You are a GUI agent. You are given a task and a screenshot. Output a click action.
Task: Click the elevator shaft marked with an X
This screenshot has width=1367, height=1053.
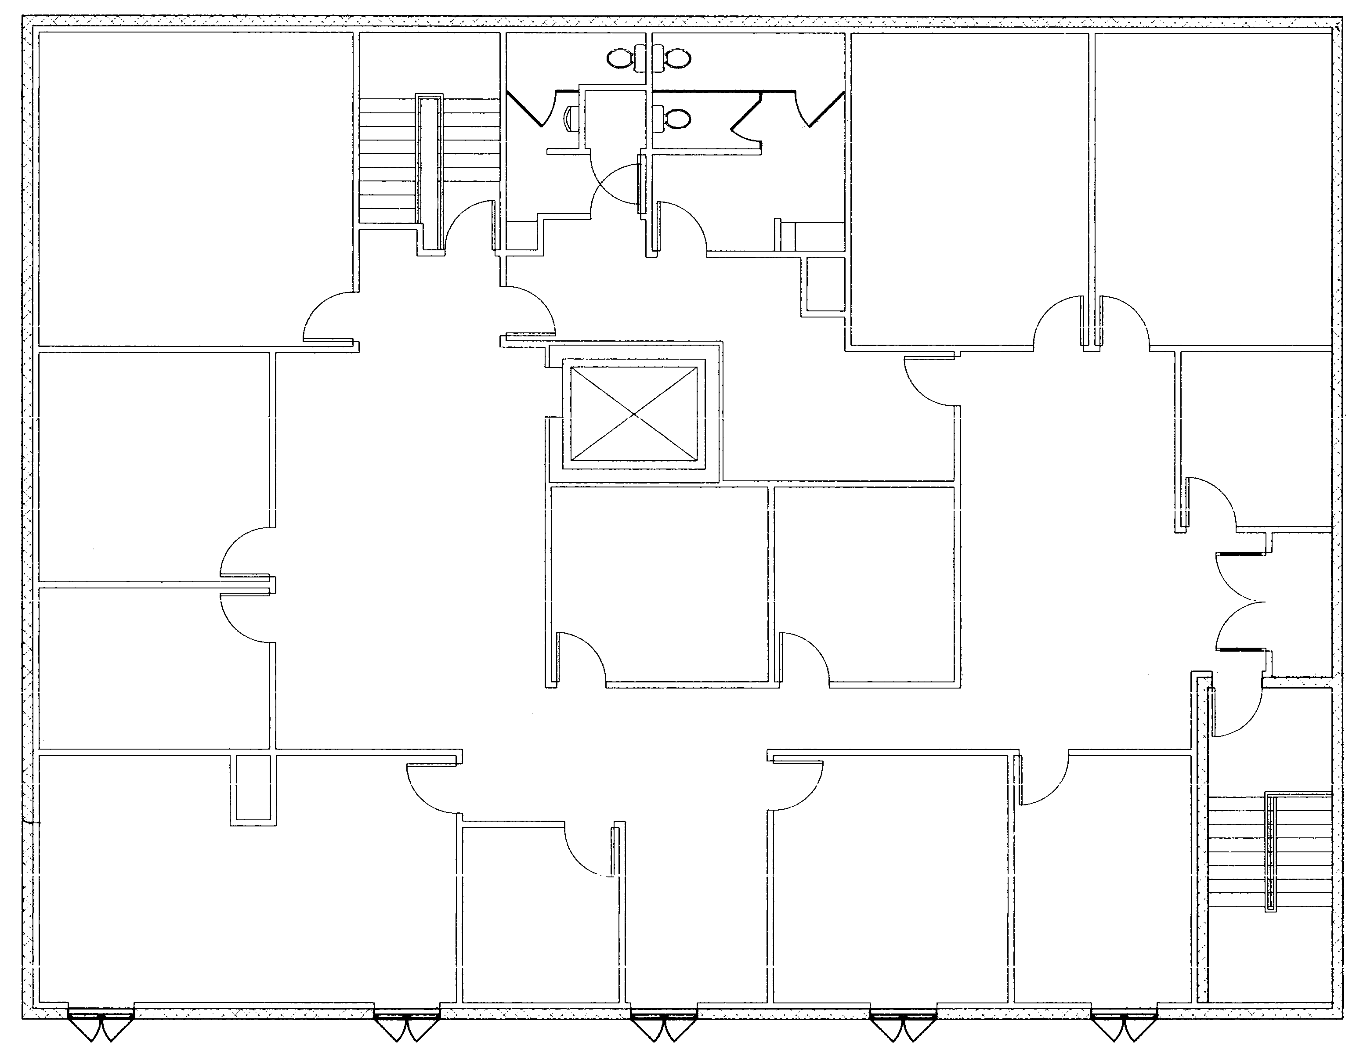click(634, 414)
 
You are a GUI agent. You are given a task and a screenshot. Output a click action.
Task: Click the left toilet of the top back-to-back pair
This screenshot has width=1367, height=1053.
click(620, 59)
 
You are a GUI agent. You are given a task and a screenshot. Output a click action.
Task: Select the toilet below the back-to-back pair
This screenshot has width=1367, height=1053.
click(675, 117)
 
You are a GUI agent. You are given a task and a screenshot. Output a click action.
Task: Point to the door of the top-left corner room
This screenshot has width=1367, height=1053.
click(329, 319)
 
